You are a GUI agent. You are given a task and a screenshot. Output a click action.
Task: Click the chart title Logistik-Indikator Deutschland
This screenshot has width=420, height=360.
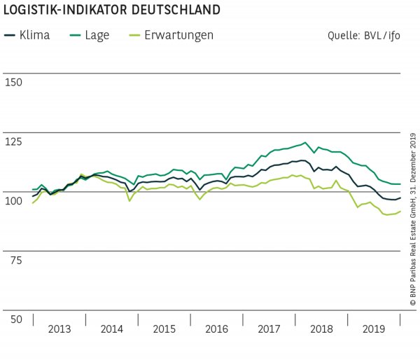(111, 11)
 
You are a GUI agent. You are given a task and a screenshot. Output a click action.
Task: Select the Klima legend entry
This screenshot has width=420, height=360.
(28, 35)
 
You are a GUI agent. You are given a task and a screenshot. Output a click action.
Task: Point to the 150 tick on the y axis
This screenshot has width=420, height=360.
(13, 82)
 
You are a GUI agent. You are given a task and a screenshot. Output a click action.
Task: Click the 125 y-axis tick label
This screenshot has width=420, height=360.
(13, 141)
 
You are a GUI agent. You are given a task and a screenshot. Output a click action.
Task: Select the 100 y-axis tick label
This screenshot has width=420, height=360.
(13, 201)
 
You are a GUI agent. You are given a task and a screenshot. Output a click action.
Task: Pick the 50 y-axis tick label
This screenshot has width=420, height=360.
(12, 319)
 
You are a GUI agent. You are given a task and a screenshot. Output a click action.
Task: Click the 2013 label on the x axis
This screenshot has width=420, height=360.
(59, 328)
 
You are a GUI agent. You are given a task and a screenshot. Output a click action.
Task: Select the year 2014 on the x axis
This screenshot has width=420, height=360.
(113, 328)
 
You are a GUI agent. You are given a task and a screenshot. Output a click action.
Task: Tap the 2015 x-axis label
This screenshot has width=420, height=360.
(165, 328)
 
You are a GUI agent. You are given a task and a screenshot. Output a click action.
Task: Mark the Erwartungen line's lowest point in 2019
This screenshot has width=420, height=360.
(386, 215)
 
